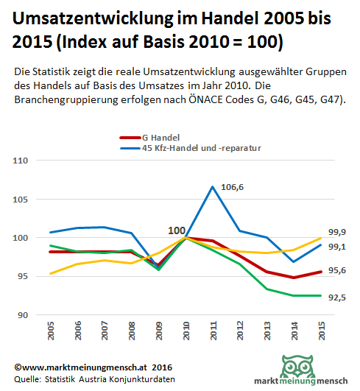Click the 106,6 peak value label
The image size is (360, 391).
click(x=232, y=187)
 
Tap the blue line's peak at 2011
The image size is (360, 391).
click(x=213, y=186)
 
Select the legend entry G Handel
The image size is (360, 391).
click(x=149, y=138)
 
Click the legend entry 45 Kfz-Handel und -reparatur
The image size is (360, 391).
click(x=191, y=148)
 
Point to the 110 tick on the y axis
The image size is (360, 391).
click(x=20, y=161)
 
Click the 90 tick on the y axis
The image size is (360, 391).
click(x=23, y=315)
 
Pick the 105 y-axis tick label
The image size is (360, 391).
click(x=20, y=200)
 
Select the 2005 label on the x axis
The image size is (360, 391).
click(x=51, y=331)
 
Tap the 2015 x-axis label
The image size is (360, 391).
click(x=322, y=331)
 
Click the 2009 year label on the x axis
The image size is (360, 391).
click(x=159, y=331)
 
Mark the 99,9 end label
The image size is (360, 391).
click(x=337, y=232)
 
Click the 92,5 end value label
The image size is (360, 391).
click(x=337, y=297)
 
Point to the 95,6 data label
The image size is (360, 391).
click(x=337, y=270)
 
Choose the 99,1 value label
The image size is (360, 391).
click(x=337, y=247)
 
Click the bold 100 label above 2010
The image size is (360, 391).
click(x=177, y=230)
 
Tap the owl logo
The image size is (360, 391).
click(x=297, y=366)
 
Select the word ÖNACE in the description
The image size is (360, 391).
click(x=205, y=99)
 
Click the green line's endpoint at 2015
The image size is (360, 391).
click(x=320, y=295)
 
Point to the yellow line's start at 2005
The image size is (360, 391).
click(x=51, y=273)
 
